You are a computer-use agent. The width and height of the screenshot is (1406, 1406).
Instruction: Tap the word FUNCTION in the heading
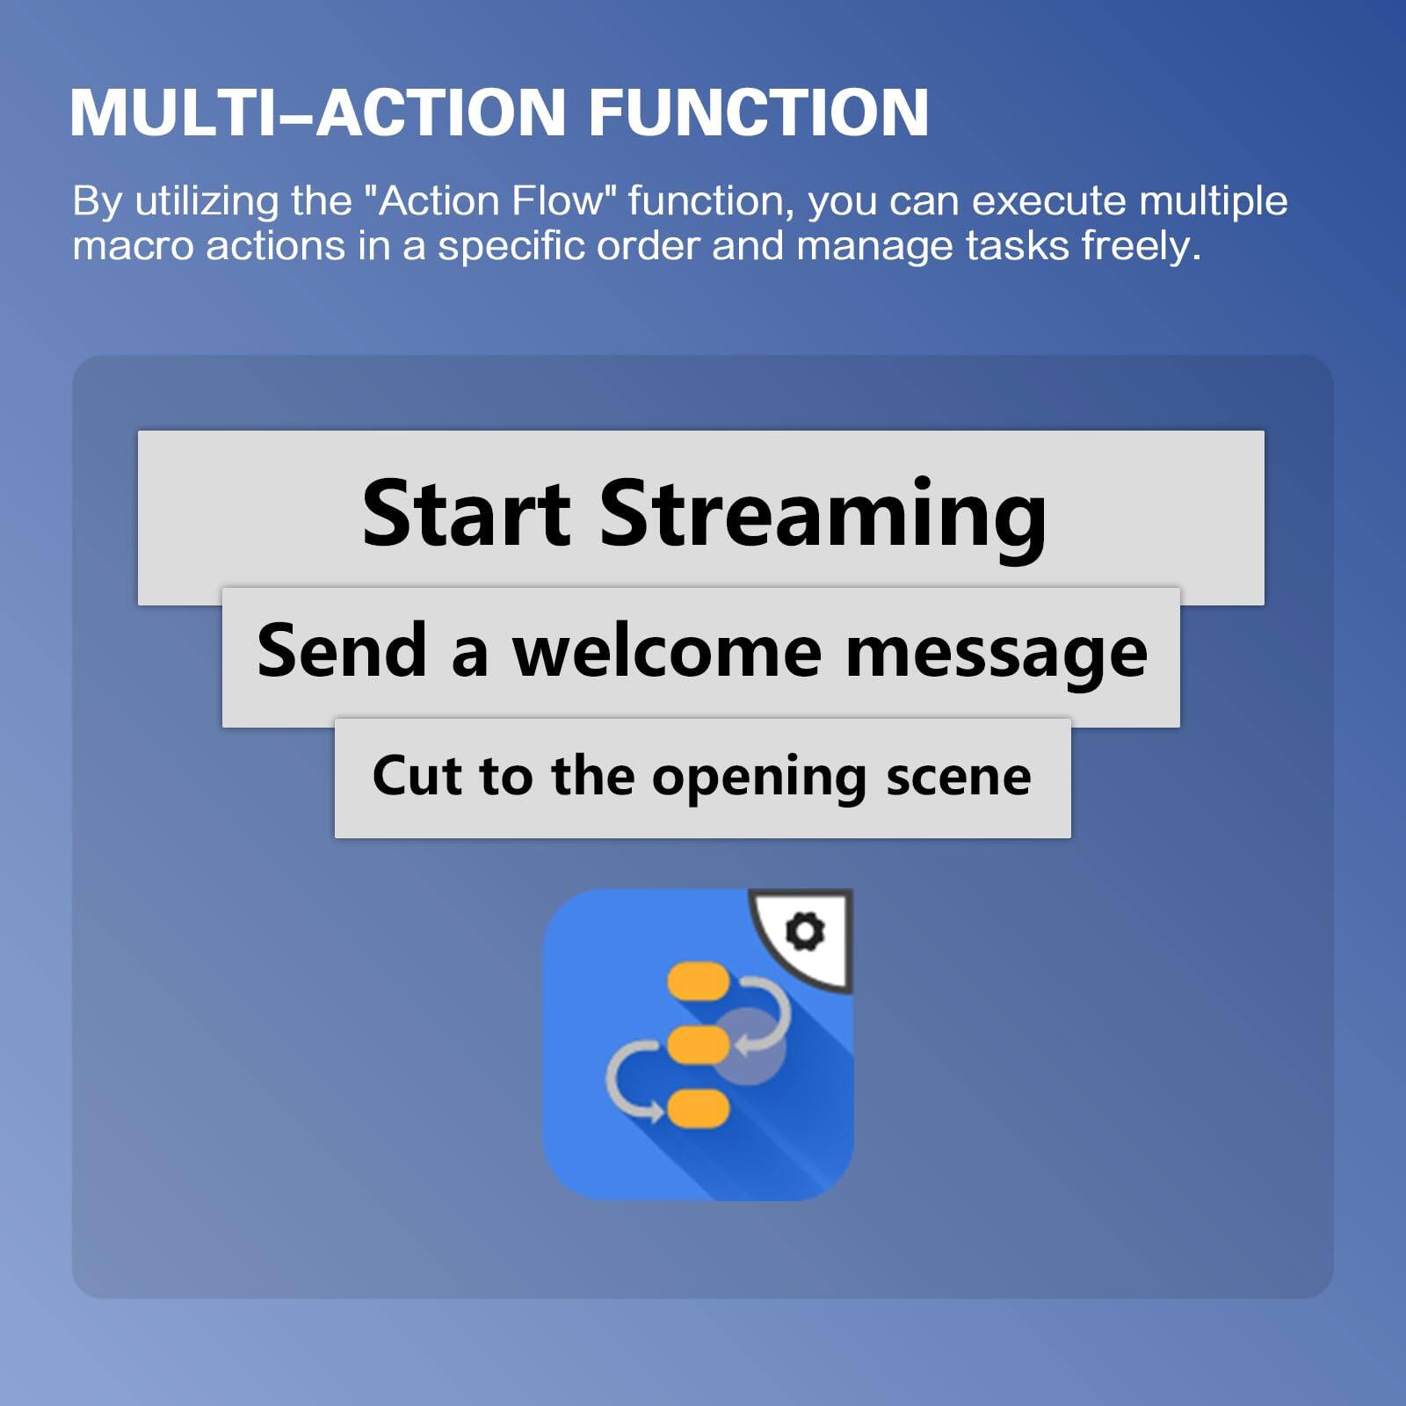coord(757,112)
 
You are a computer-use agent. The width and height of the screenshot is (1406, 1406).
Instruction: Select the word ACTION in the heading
coord(440,112)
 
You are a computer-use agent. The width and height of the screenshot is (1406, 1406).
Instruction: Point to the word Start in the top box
coord(467,513)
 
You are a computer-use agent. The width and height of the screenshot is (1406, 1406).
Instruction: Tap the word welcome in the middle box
coord(667,651)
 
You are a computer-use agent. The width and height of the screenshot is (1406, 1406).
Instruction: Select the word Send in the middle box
coord(342,651)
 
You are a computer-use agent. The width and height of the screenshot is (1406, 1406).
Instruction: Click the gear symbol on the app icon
coord(805,931)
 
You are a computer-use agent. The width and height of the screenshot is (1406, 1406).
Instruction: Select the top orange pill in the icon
coord(699,982)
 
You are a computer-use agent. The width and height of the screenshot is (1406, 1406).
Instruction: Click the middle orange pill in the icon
coord(699,1045)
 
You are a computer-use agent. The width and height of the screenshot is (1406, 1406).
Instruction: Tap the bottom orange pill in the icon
coord(699,1109)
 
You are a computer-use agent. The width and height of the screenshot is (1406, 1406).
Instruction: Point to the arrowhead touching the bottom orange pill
coord(655,1112)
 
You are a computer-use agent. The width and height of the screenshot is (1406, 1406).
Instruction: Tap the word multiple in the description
coord(1213,201)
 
